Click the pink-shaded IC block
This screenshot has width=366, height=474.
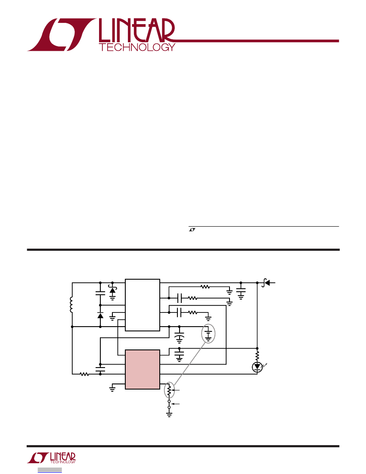[142, 369]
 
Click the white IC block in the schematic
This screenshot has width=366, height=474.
[142, 305]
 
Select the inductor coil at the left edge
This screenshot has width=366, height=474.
[71, 305]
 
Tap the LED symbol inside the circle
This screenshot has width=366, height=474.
[257, 367]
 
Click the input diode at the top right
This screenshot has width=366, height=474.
[266, 283]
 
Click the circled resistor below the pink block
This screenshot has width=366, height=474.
[169, 390]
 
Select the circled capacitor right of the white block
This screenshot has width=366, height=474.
[208, 334]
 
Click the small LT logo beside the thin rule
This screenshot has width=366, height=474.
[192, 230]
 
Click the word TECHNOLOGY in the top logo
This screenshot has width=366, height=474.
[137, 47]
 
